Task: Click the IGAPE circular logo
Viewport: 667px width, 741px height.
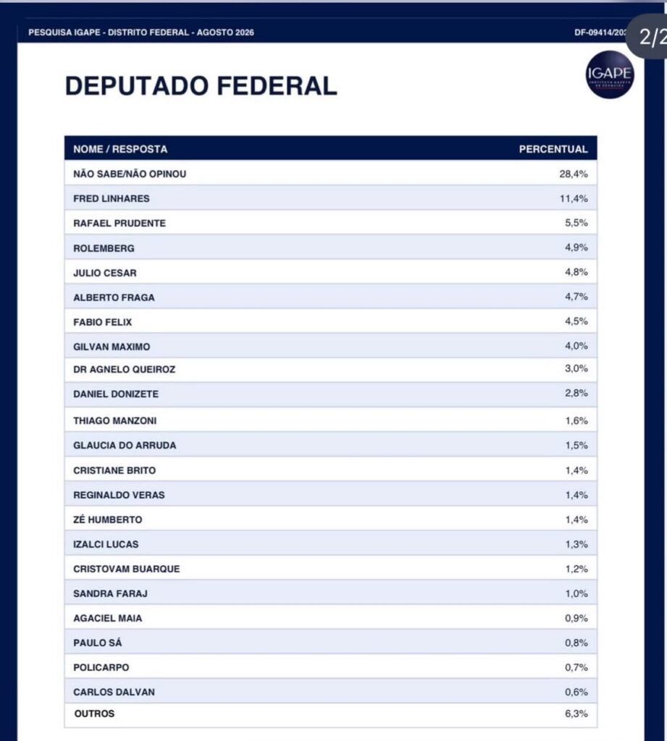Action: click(x=610, y=75)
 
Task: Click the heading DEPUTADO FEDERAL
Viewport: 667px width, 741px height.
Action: click(x=201, y=86)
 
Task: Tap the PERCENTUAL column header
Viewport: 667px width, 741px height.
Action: click(x=553, y=149)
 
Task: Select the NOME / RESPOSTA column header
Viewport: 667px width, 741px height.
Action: click(x=120, y=149)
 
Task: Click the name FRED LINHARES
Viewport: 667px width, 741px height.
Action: click(x=112, y=198)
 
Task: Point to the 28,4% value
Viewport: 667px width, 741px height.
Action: click(x=574, y=174)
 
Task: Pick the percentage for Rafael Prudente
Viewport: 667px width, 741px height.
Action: click(x=576, y=223)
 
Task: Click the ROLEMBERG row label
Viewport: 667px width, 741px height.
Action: click(x=104, y=248)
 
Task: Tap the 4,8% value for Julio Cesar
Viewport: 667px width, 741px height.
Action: click(x=576, y=272)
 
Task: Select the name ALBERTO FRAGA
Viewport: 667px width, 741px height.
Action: click(x=114, y=297)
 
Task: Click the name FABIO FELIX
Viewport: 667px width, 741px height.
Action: click(x=103, y=322)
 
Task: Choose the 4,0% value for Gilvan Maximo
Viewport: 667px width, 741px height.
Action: click(x=576, y=345)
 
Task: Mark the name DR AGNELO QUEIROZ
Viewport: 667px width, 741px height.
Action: click(x=125, y=369)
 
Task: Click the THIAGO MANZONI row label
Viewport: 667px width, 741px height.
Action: click(x=115, y=420)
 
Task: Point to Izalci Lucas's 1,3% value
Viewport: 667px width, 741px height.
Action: click(x=576, y=544)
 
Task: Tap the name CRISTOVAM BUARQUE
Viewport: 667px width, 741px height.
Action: click(x=126, y=569)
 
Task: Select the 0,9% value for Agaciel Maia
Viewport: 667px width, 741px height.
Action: click(x=576, y=618)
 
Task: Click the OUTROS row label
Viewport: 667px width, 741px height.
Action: click(x=94, y=714)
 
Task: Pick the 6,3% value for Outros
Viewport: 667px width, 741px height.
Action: click(x=576, y=714)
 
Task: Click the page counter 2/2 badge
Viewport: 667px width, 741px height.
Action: click(x=650, y=37)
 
